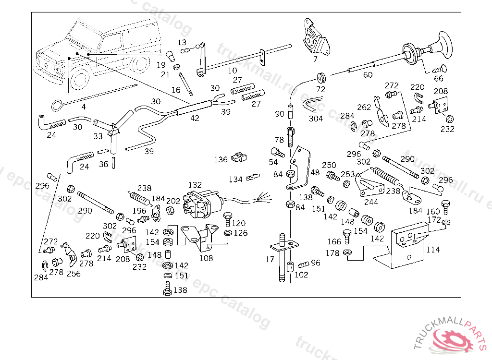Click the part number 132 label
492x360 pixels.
(195, 185)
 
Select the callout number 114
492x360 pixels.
(433, 250)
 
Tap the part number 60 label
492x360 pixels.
(368, 74)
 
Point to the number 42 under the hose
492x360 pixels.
(195, 118)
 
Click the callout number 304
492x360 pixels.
(316, 118)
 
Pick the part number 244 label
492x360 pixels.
(371, 202)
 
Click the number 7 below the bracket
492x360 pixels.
(315, 60)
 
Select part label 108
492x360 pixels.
(206, 258)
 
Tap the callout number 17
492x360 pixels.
(270, 259)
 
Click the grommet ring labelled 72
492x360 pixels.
(320, 77)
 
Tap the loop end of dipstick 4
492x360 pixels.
(57, 104)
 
